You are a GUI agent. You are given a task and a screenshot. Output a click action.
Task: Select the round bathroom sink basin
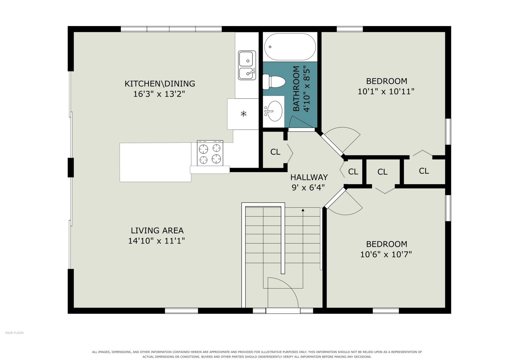click(x=275, y=111)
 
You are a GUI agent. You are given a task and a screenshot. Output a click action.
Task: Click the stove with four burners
click(x=210, y=153)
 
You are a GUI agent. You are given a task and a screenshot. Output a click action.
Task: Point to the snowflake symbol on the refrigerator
click(x=244, y=114)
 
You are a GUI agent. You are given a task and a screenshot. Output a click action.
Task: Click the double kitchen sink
click(x=247, y=65)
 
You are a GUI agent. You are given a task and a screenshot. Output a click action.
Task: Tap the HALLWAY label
click(x=309, y=177)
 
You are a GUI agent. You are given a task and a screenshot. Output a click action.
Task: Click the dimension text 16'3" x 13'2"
click(x=159, y=94)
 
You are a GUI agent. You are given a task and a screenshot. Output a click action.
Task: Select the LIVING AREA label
click(x=157, y=230)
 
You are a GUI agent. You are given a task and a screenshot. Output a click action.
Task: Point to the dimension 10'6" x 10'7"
click(x=386, y=255)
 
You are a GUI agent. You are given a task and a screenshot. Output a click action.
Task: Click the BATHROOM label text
click(x=296, y=89)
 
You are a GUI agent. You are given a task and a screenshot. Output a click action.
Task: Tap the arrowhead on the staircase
click(x=303, y=210)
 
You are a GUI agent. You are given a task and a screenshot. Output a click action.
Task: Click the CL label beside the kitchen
click(x=275, y=152)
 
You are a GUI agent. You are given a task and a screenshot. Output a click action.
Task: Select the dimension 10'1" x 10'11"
click(x=386, y=92)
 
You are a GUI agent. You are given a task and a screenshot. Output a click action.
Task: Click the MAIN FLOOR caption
click(x=14, y=333)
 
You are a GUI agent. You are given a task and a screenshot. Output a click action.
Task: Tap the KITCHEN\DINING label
click(x=160, y=84)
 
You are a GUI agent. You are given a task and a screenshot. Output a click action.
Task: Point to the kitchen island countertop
click(x=155, y=162)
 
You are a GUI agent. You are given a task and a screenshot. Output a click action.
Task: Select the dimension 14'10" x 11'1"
click(x=156, y=241)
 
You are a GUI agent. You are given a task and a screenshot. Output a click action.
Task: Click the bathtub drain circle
click(x=270, y=47)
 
